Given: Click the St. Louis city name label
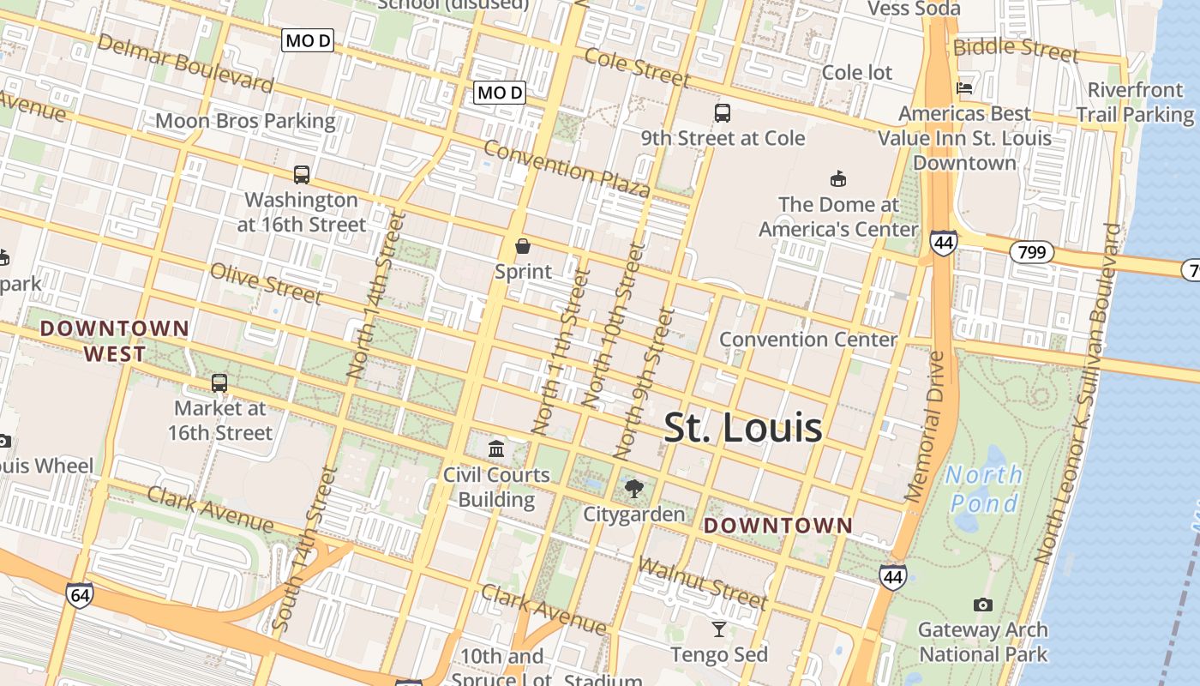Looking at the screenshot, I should pyautogui.click(x=743, y=428).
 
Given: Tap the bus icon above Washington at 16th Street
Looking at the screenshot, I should pyautogui.click(x=302, y=174).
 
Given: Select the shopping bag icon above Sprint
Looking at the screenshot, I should pyautogui.click(x=523, y=247).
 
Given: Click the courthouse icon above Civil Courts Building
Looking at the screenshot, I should pyautogui.click(x=496, y=448).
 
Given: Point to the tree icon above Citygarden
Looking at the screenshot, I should pyautogui.click(x=634, y=489).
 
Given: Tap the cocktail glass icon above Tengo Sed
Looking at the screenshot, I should pyautogui.click(x=719, y=629).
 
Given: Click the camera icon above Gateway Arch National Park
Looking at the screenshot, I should pyautogui.click(x=983, y=605).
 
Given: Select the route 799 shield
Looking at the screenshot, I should pyautogui.click(x=1031, y=252).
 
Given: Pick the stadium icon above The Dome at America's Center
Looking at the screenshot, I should pyautogui.click(x=837, y=179).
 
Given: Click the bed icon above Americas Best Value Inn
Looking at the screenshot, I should pyautogui.click(x=964, y=87).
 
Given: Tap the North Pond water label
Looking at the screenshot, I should pyautogui.click(x=983, y=488).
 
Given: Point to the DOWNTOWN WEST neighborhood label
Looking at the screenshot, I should pyautogui.click(x=115, y=340).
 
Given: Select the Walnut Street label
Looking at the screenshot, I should pyautogui.click(x=703, y=582).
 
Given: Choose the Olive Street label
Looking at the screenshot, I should pyautogui.click(x=267, y=284).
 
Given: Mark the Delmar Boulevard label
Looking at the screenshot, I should pyautogui.click(x=185, y=63).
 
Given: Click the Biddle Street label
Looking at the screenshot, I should pyautogui.click(x=1016, y=49).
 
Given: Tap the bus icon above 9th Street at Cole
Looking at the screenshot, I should pyautogui.click(x=723, y=112).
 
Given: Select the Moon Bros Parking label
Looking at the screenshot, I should pyautogui.click(x=245, y=121).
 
